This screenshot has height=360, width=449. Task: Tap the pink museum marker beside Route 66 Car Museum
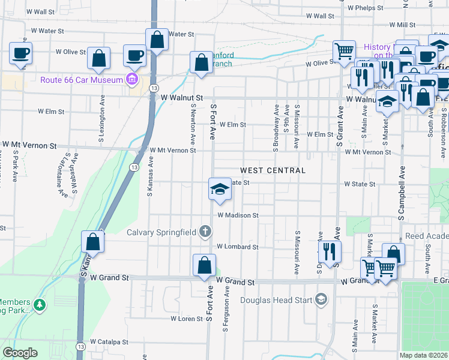pyautogui.click(x=131, y=79)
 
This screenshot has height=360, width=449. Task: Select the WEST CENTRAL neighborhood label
pyautogui.click(x=273, y=170)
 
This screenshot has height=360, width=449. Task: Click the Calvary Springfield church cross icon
pyautogui.click(x=205, y=232)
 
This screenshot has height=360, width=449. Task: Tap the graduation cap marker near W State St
pyautogui.click(x=220, y=189)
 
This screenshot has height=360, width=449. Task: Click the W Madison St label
pyautogui.click(x=238, y=215)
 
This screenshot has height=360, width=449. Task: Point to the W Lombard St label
pyautogui.click(x=237, y=247)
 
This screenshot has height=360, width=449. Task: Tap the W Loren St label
pyautogui.click(x=187, y=319)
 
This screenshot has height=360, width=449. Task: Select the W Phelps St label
pyautogui.click(x=373, y=8)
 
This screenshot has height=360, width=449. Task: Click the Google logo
pyautogui.click(x=20, y=352)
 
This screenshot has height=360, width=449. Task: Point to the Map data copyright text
pyautogui.click(x=424, y=355)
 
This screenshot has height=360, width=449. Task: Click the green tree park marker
pyautogui.click(x=40, y=305)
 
